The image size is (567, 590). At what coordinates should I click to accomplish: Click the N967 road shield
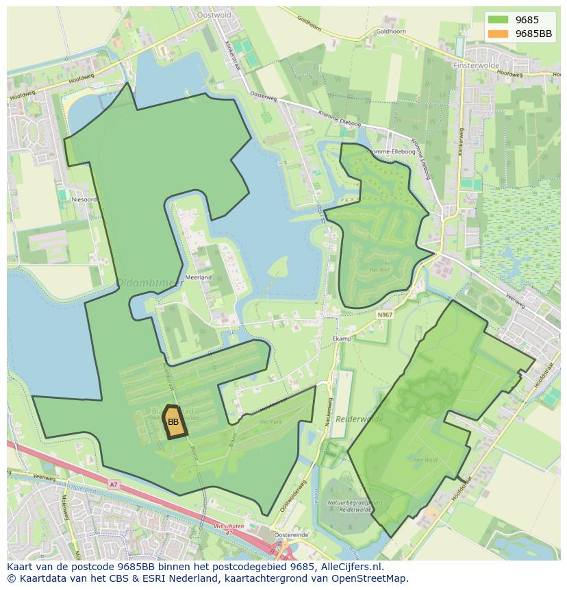tap(385, 315)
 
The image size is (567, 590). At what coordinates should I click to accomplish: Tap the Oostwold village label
tap(214, 14)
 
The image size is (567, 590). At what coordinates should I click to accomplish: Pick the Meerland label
tap(199, 278)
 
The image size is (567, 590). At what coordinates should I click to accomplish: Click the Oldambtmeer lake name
tap(140, 282)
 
